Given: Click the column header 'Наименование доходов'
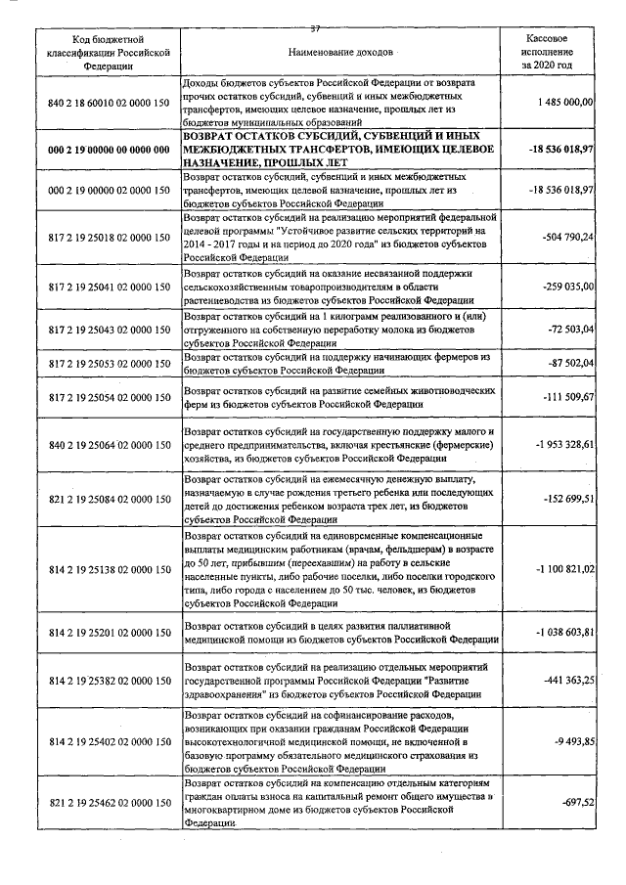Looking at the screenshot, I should [x=341, y=49].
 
